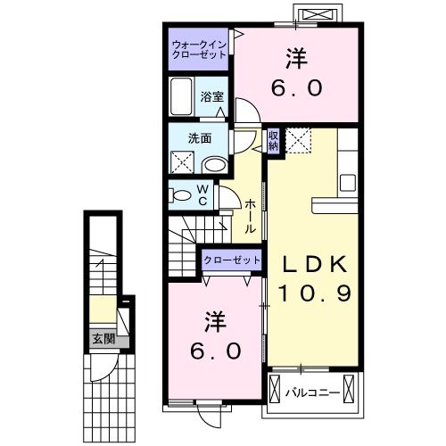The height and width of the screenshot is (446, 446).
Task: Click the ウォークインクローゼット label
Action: [x=200, y=48]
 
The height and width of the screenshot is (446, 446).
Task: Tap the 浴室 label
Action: [x=211, y=97]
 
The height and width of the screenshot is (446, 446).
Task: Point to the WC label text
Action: [x=202, y=194]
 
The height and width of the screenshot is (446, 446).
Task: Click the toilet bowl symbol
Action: [x=181, y=195]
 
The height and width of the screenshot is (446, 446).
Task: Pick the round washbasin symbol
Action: [x=214, y=165]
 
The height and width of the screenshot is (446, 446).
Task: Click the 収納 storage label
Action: [x=274, y=140]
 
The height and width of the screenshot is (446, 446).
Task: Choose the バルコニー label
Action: [x=311, y=392]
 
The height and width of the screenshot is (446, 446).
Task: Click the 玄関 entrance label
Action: [x=103, y=339]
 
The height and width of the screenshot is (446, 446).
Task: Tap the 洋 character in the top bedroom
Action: [x=297, y=59]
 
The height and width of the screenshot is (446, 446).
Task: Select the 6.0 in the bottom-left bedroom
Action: [x=215, y=351]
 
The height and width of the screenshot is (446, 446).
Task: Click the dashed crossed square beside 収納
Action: [x=298, y=140]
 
